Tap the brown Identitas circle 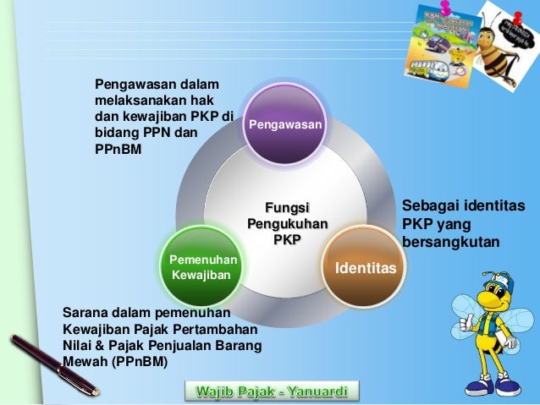click(x=366, y=266)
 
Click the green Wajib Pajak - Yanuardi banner click(x=272, y=391)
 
